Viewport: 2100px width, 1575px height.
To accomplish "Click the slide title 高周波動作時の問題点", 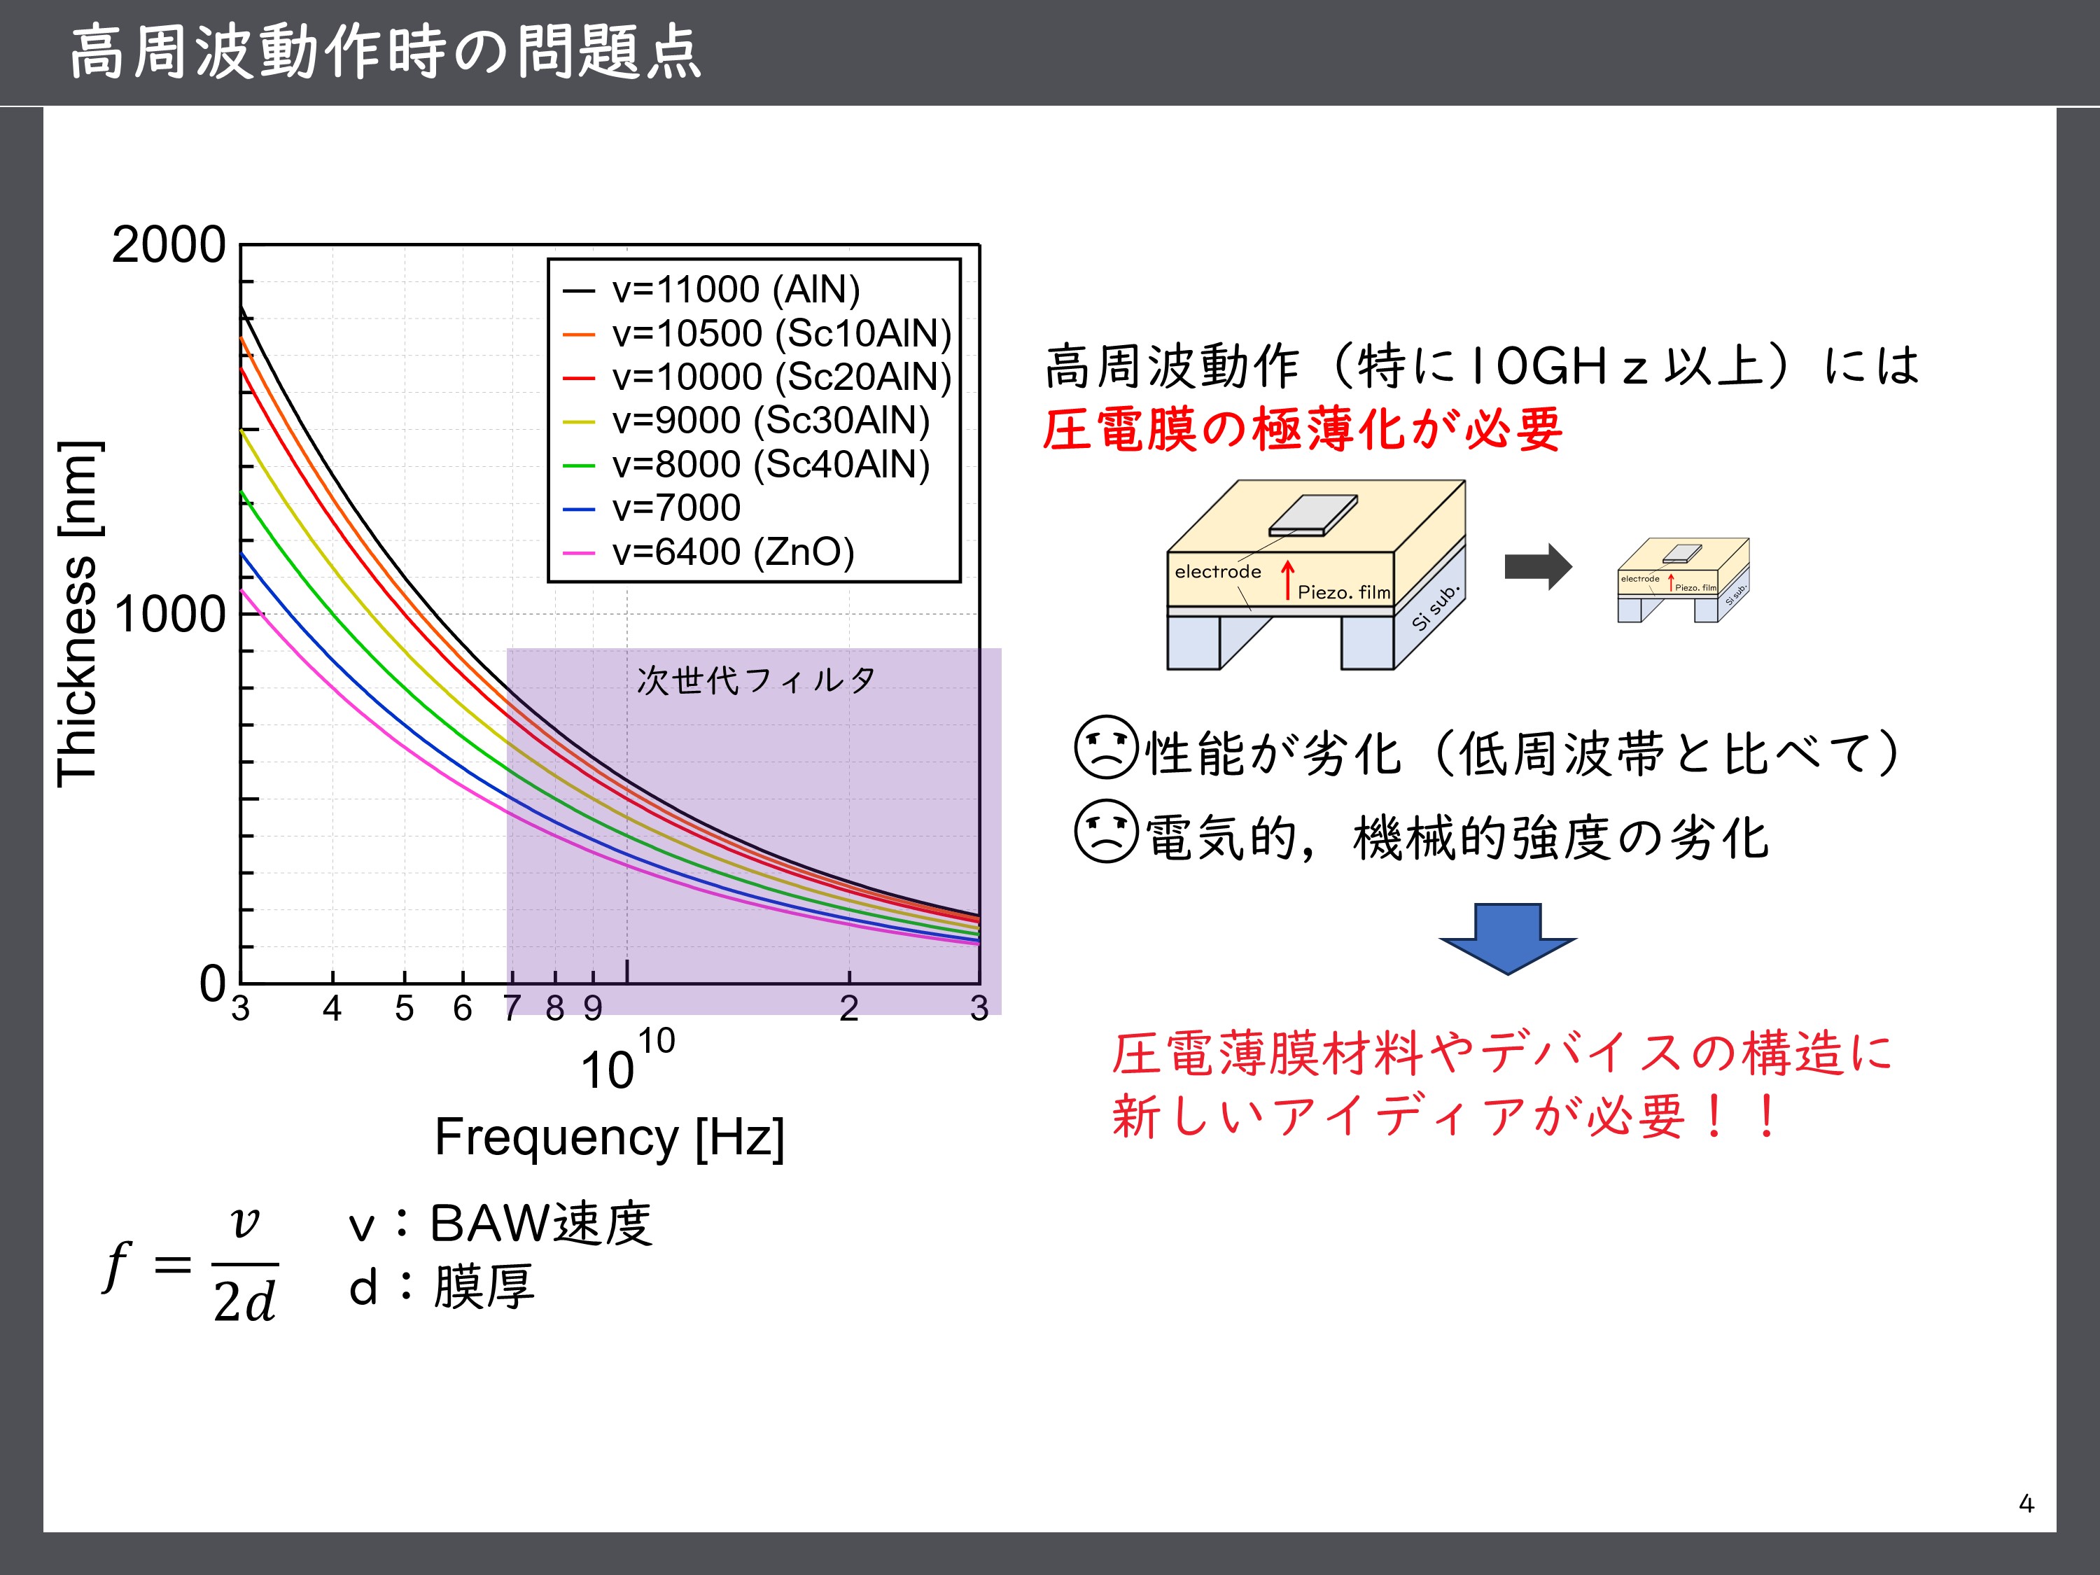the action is (x=386, y=52).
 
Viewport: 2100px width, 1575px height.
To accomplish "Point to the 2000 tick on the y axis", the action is (x=169, y=245).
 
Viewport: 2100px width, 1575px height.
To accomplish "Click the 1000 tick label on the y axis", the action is (x=169, y=614).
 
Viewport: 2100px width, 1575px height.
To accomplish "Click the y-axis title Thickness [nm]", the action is (x=77, y=614).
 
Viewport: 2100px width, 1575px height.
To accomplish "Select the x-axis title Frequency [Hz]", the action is (x=610, y=1136).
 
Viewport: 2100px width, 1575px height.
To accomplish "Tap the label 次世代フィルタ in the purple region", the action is (x=756, y=680).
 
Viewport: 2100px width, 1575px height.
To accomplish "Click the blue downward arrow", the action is (x=1508, y=939).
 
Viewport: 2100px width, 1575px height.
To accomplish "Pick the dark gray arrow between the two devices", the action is (x=1538, y=567).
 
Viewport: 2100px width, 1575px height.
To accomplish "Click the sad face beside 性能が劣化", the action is (x=1106, y=747).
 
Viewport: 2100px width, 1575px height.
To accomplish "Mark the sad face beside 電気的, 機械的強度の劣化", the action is (x=1106, y=831).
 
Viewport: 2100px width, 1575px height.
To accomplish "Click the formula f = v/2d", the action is (x=190, y=1266).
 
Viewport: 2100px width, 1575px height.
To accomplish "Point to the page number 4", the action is (x=2026, y=1504).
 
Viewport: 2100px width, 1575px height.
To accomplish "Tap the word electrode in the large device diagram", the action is (x=1218, y=571).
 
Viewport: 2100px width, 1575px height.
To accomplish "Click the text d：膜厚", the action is (x=442, y=1287).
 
